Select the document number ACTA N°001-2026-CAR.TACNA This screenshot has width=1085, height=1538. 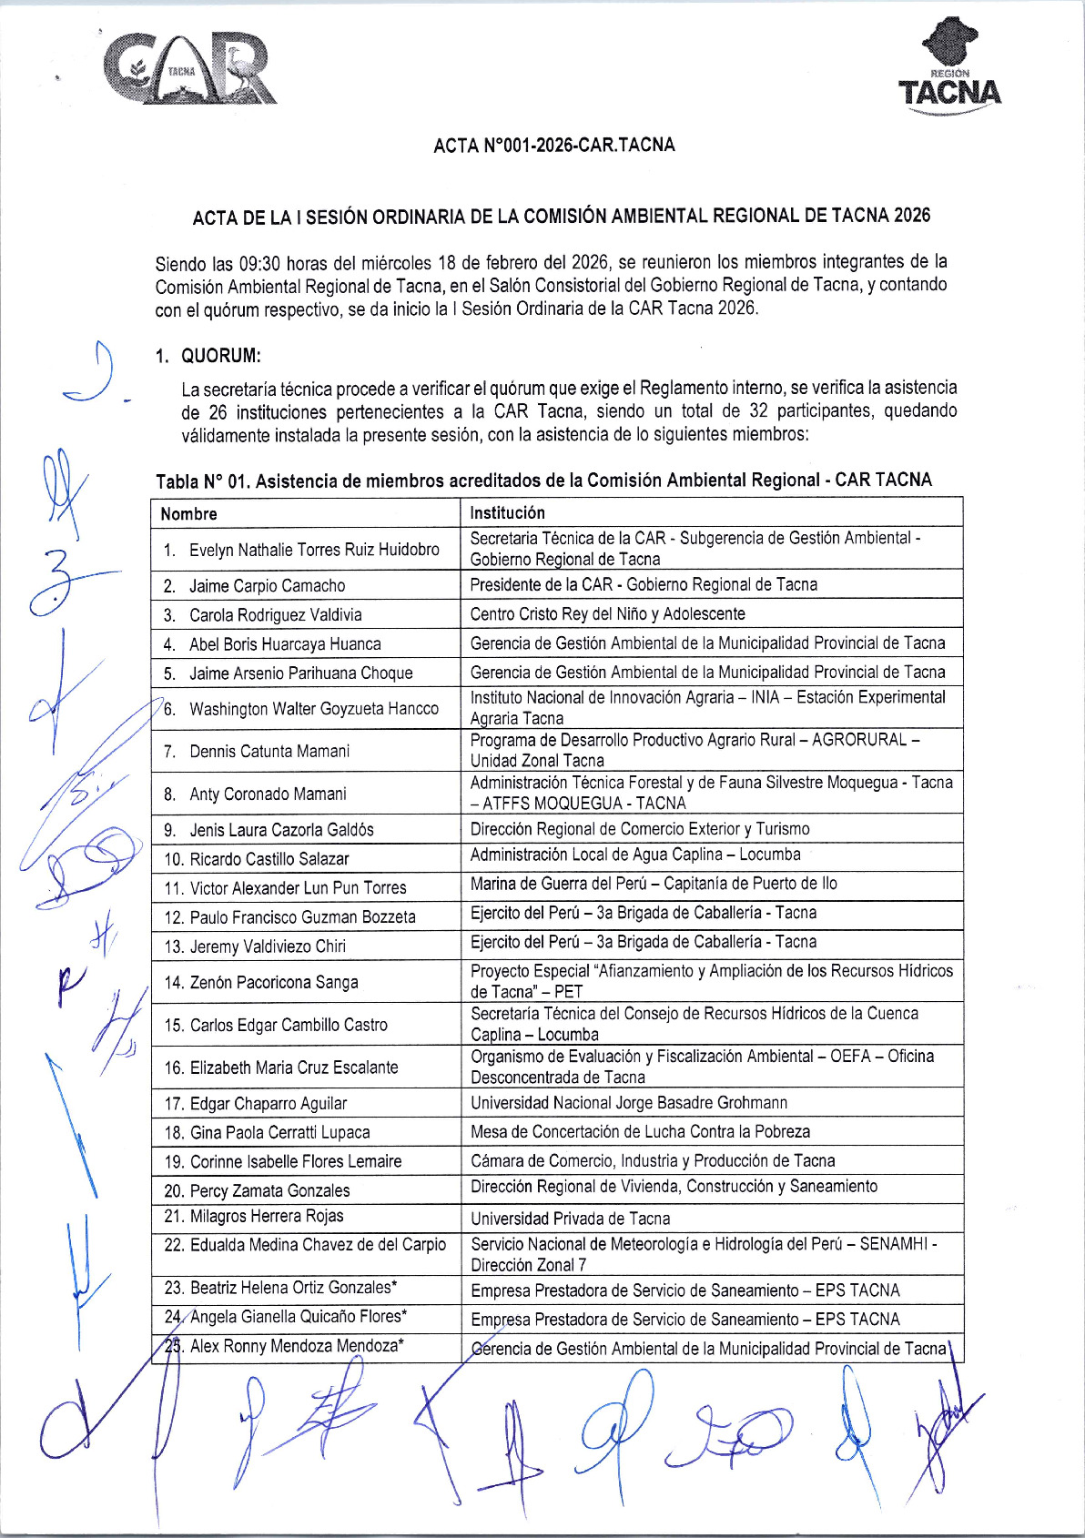[x=553, y=145]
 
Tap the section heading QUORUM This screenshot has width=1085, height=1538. [x=221, y=355]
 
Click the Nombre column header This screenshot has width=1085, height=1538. [x=189, y=513]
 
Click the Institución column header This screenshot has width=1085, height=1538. [x=507, y=512]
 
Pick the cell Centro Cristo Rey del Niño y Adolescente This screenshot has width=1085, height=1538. [x=607, y=613]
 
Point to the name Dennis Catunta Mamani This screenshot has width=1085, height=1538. [x=269, y=751]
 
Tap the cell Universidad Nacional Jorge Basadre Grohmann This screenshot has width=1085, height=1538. [x=628, y=1103]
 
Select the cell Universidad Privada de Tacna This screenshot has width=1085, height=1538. [x=570, y=1219]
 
